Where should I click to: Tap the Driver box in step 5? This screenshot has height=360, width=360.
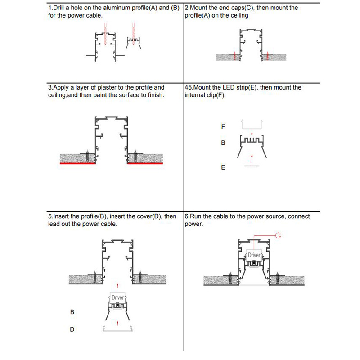click(x=117, y=297)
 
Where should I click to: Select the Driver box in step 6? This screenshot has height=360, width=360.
click(x=254, y=255)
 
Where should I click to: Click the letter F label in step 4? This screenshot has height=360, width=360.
click(x=223, y=127)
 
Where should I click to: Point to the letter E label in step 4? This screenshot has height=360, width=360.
click(x=223, y=167)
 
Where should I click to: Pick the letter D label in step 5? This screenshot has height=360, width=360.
click(x=72, y=329)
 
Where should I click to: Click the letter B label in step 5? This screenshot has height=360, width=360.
click(x=72, y=311)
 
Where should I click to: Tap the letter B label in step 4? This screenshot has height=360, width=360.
click(x=223, y=143)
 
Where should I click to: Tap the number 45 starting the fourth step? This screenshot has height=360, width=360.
click(x=189, y=88)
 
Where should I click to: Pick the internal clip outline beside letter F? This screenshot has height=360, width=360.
click(x=252, y=123)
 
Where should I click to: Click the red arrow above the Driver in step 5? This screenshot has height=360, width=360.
click(x=117, y=285)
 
